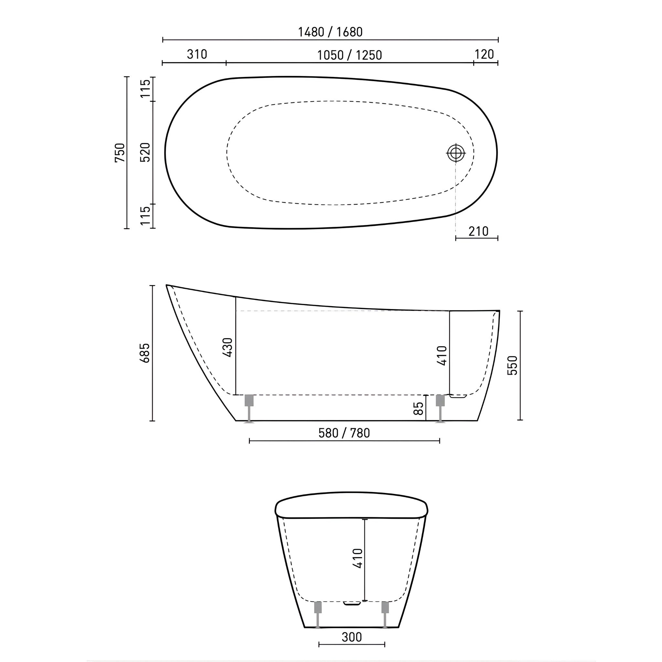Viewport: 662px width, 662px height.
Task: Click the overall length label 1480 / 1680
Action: (x=330, y=32)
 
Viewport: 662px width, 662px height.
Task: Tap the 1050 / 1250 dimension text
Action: (x=349, y=55)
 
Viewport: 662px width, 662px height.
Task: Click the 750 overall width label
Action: (x=120, y=153)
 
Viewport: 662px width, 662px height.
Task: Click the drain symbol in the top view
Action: (x=456, y=153)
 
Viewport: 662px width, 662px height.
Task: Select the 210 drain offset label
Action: (x=478, y=232)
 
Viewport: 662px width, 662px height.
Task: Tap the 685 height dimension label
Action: (x=145, y=353)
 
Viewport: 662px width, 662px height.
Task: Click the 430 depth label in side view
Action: (x=228, y=347)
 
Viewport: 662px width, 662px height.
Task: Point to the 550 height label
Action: (x=512, y=366)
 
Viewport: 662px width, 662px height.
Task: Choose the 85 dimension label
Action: (x=419, y=408)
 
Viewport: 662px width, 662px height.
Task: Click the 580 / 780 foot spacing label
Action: (x=344, y=433)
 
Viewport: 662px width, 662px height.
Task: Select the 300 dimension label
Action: (x=352, y=637)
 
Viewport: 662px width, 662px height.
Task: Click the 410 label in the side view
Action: (x=443, y=356)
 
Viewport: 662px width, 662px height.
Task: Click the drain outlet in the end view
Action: (x=352, y=603)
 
